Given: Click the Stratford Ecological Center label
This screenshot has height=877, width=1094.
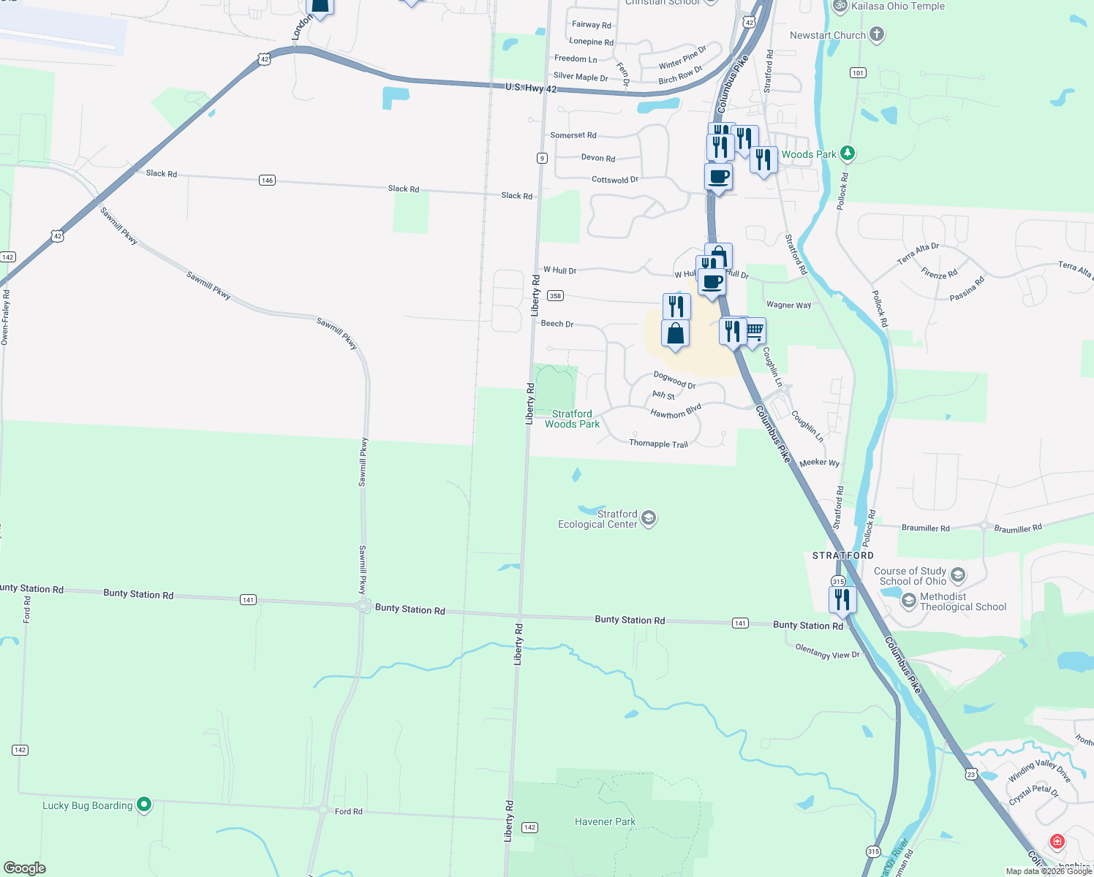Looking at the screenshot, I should [598, 519].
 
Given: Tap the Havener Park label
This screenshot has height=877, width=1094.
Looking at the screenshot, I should [605, 821].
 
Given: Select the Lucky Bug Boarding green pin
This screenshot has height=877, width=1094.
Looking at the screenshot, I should [144, 805].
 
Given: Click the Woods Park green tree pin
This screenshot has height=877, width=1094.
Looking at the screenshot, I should [847, 153].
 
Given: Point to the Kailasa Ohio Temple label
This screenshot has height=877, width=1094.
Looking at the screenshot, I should [898, 6].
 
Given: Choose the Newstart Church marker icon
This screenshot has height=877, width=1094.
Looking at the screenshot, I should [876, 34].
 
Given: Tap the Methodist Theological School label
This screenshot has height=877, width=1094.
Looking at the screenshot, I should [962, 601].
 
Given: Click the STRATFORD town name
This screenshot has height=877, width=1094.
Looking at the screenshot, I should [842, 555].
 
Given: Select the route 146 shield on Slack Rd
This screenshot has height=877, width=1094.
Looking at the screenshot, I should [267, 180].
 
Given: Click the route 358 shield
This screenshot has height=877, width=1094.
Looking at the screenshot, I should [555, 296].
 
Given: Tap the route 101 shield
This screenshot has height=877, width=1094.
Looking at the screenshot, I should [858, 72].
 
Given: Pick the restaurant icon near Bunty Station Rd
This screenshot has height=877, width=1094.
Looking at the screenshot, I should [842, 599].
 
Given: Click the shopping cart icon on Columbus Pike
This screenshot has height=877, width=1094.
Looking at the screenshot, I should [754, 331].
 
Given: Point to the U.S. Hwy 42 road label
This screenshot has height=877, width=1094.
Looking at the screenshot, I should [531, 88].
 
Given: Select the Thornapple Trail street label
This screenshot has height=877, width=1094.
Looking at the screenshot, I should [658, 444].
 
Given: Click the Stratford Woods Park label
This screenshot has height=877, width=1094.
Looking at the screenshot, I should [572, 419].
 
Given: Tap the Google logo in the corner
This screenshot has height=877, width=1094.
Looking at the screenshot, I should [24, 867].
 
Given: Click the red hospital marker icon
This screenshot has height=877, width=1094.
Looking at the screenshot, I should [1057, 841].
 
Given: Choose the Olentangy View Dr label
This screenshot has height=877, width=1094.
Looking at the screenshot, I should [827, 652].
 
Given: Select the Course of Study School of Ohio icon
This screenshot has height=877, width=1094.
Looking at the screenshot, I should [957, 575].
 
